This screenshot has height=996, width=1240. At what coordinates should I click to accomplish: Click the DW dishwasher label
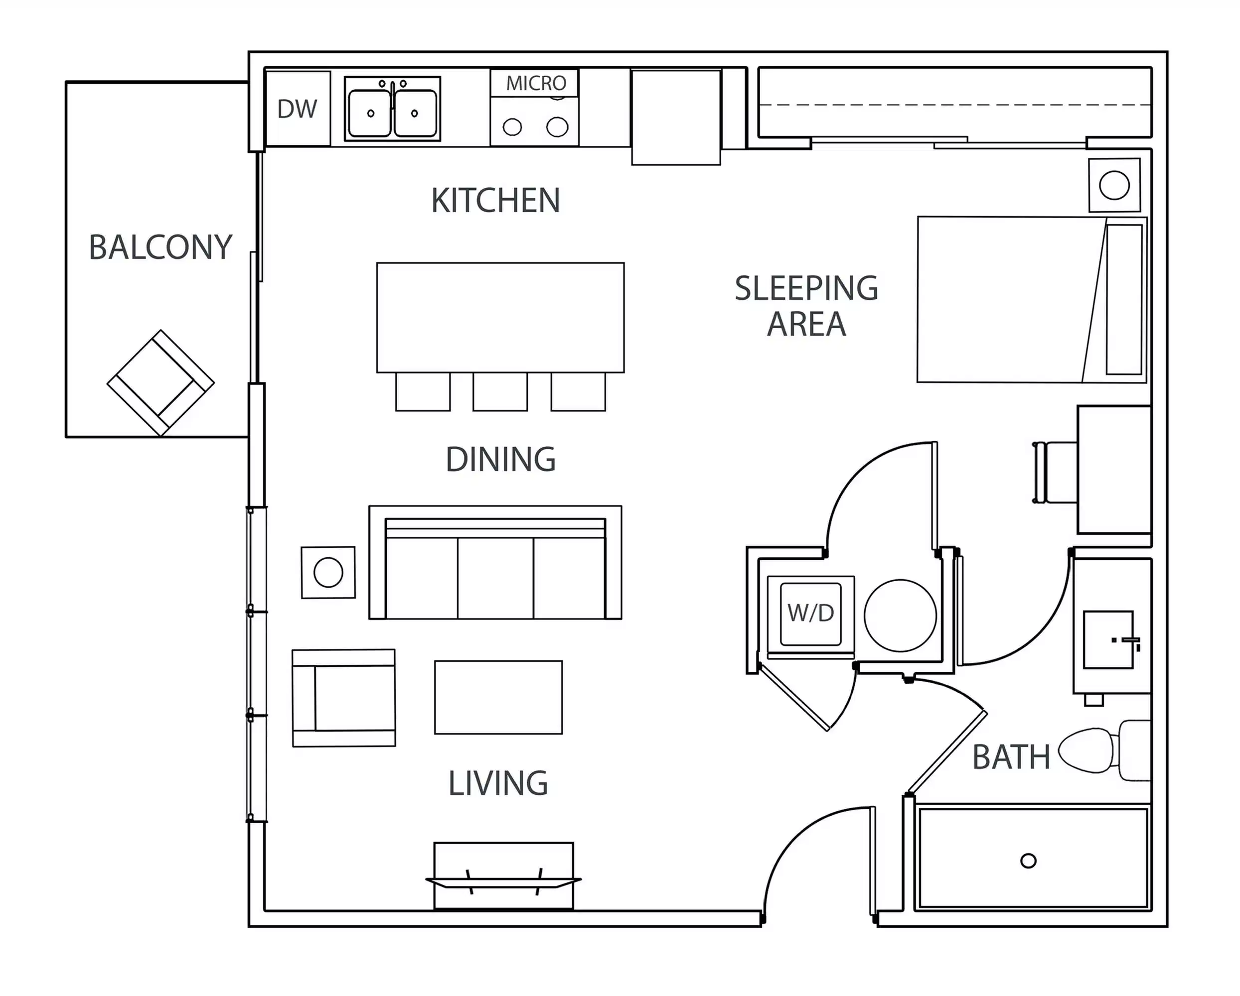pyautogui.click(x=297, y=109)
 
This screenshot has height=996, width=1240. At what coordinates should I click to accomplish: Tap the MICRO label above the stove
pyautogui.click(x=535, y=83)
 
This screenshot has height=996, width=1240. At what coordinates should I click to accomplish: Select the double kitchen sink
pyautogui.click(x=392, y=109)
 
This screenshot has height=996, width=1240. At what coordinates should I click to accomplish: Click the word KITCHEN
pyautogui.click(x=495, y=201)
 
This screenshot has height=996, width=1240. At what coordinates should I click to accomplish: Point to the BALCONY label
pyautogui.click(x=160, y=248)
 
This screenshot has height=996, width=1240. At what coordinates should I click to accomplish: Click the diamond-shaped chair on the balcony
pyautogui.click(x=160, y=382)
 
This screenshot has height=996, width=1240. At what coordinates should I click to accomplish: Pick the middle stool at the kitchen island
pyautogui.click(x=500, y=391)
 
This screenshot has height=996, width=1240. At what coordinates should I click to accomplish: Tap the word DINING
pyautogui.click(x=500, y=459)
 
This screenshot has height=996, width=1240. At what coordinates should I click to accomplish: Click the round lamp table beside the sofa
pyautogui.click(x=328, y=572)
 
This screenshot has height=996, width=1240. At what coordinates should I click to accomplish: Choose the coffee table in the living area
pyautogui.click(x=498, y=697)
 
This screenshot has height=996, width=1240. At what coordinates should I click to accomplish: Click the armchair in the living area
pyautogui.click(x=344, y=698)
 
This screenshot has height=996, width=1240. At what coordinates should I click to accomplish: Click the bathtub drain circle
pyautogui.click(x=1028, y=861)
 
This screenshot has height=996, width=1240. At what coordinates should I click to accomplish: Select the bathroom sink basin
pyautogui.click(x=1108, y=639)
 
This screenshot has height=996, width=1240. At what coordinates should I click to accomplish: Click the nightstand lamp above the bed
pyautogui.click(x=1114, y=186)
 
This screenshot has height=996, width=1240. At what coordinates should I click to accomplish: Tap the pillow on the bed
pyautogui.click(x=1124, y=299)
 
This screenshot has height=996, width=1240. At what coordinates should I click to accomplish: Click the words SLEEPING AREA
pyautogui.click(x=806, y=306)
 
